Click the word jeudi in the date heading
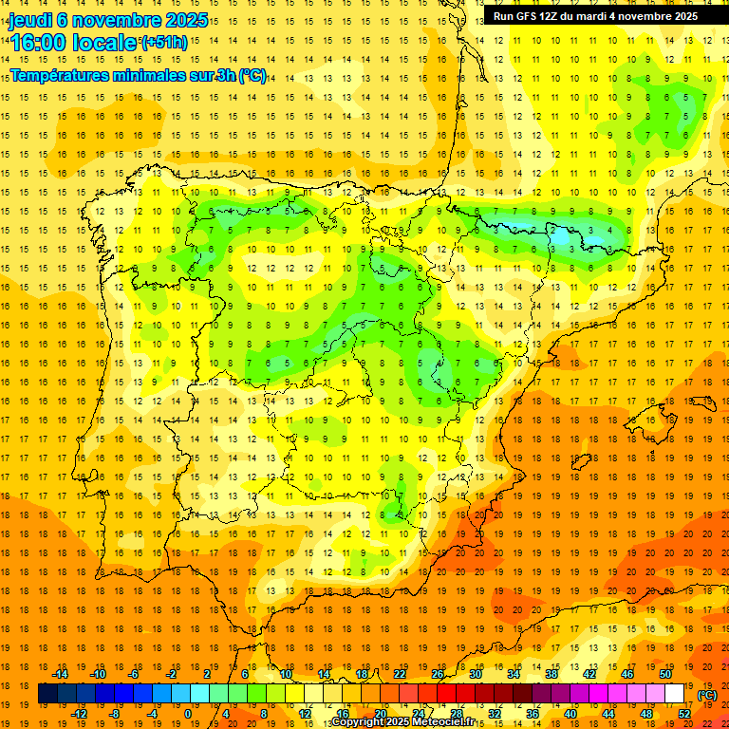[30, 20]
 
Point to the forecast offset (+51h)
[164, 42]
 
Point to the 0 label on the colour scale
[188, 714]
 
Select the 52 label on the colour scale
[684, 714]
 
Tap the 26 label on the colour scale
[438, 674]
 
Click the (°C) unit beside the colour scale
[707, 695]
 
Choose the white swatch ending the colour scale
[675, 694]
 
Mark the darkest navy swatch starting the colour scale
[47, 694]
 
